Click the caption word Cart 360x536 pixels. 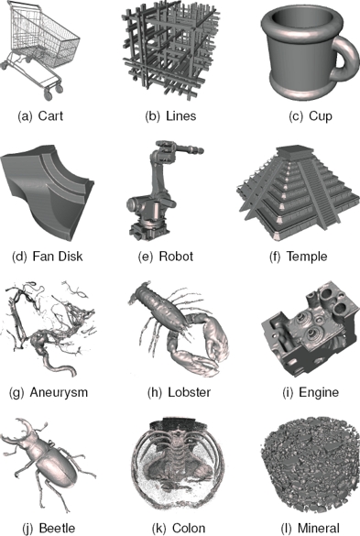click(50, 115)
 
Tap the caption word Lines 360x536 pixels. click(181, 115)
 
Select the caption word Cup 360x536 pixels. click(321, 116)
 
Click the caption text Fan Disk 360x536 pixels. click(58, 256)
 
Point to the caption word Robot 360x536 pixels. click(176, 256)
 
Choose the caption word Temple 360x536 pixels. click(307, 257)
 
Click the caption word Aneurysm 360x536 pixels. click(59, 392)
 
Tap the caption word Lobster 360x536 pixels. click(189, 392)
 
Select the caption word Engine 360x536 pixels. click(319, 392)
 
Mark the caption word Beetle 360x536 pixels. click(58, 528)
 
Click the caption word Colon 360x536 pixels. click(189, 528)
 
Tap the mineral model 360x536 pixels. click(311, 468)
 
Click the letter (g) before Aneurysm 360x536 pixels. click(16, 392)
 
